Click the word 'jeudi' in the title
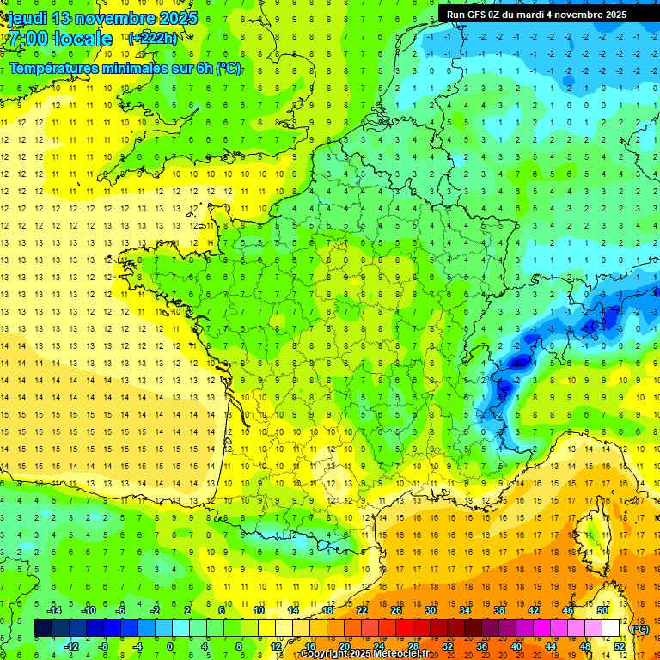click(x=27, y=18)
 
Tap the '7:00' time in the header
click(x=27, y=39)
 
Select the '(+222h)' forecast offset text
click(x=152, y=39)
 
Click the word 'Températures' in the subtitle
click(x=61, y=68)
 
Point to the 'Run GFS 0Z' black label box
click(x=537, y=15)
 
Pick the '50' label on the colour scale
click(x=602, y=610)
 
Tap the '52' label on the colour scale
click(x=620, y=645)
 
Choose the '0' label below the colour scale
click(x=169, y=645)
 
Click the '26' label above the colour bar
click(x=396, y=610)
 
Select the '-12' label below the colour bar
click(x=70, y=645)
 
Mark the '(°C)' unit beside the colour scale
click(x=639, y=628)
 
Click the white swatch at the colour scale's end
click(x=611, y=628)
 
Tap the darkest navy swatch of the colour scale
click(x=43, y=628)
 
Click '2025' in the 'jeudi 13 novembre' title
click(x=176, y=18)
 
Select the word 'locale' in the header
click(x=82, y=39)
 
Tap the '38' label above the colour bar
click(x=499, y=610)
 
